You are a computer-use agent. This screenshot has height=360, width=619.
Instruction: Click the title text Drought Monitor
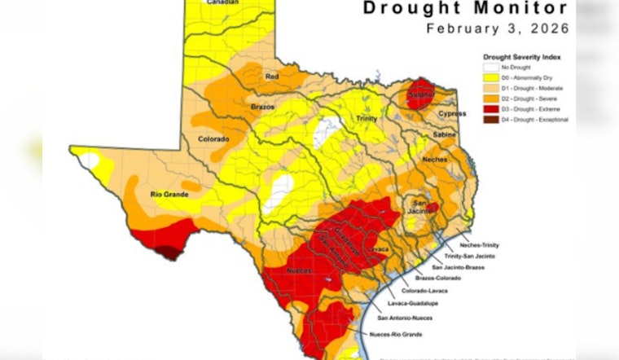tap(464, 9)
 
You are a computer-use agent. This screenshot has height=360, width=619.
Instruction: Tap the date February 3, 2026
tap(496, 29)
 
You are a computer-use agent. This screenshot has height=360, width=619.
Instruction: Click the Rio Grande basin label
tap(169, 194)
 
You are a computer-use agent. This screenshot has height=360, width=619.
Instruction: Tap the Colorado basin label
tap(213, 139)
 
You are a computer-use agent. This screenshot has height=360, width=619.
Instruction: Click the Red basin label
tap(273, 76)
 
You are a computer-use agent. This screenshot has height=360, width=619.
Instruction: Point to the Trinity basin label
tap(366, 119)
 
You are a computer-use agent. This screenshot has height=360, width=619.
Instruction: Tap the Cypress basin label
tap(452, 114)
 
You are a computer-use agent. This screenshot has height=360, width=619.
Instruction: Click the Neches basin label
tap(434, 160)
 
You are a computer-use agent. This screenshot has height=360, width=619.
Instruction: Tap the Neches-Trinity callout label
tap(479, 244)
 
